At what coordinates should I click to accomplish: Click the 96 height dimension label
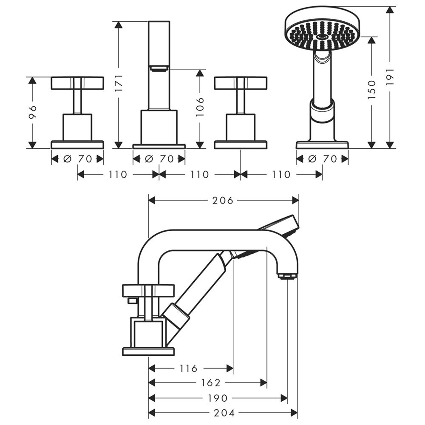(32, 112)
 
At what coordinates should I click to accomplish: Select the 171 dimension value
(119, 83)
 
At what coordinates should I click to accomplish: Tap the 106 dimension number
(200, 107)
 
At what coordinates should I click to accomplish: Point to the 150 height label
(372, 89)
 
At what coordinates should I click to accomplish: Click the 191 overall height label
(390, 77)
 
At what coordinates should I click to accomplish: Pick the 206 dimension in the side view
(223, 201)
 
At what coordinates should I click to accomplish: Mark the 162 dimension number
(211, 383)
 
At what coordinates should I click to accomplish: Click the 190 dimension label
(218, 398)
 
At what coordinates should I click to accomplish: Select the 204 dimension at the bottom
(224, 413)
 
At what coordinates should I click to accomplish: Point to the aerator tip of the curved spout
(287, 276)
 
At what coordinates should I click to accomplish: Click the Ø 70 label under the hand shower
(323, 159)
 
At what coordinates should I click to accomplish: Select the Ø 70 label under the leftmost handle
(78, 159)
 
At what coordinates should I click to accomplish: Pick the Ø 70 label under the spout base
(159, 159)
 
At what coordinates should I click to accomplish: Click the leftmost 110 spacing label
(118, 175)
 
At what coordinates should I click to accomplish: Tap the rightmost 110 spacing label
(281, 175)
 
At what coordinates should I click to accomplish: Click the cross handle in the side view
(148, 291)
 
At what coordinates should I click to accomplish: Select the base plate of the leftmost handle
(77, 145)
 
